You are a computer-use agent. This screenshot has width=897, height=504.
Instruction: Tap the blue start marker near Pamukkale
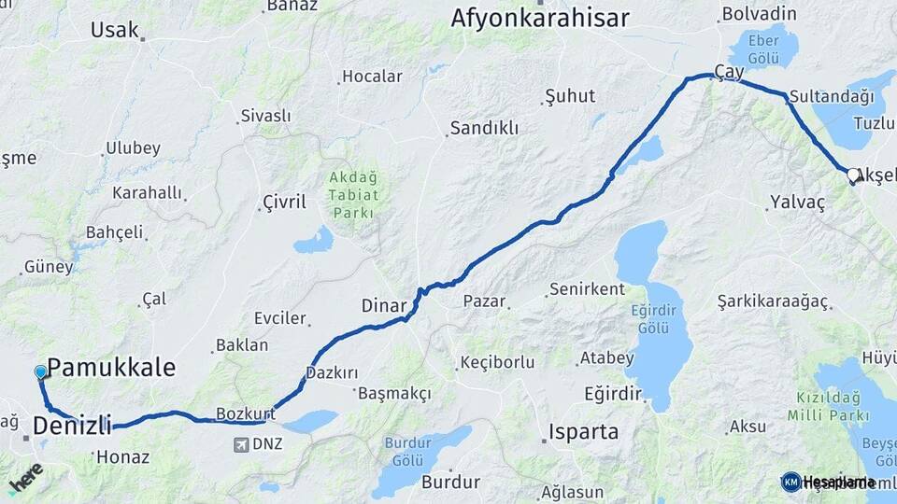pyautogui.click(x=40, y=371)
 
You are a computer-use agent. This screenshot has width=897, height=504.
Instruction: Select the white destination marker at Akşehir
pyautogui.click(x=852, y=175)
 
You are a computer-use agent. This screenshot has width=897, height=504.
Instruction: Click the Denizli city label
pyautogui.click(x=72, y=426)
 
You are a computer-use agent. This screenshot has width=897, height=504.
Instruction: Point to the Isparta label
pyautogui.click(x=582, y=432)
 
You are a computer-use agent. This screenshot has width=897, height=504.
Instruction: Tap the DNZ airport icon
pyautogui.click(x=242, y=444)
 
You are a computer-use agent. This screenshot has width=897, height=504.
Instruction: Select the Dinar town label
pyautogui.click(x=383, y=305)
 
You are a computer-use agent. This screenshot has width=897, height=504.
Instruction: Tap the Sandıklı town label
pyautogui.click(x=483, y=128)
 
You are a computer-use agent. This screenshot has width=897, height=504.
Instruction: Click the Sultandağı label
pyautogui.click(x=831, y=95)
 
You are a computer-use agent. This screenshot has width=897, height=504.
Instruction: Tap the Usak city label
pyautogui.click(x=114, y=30)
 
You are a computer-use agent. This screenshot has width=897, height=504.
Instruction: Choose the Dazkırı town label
pyautogui.click(x=332, y=372)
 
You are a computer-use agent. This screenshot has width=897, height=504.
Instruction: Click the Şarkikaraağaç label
pyautogui.click(x=773, y=301)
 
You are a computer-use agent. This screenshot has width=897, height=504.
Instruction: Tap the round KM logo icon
pyautogui.click(x=790, y=482)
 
